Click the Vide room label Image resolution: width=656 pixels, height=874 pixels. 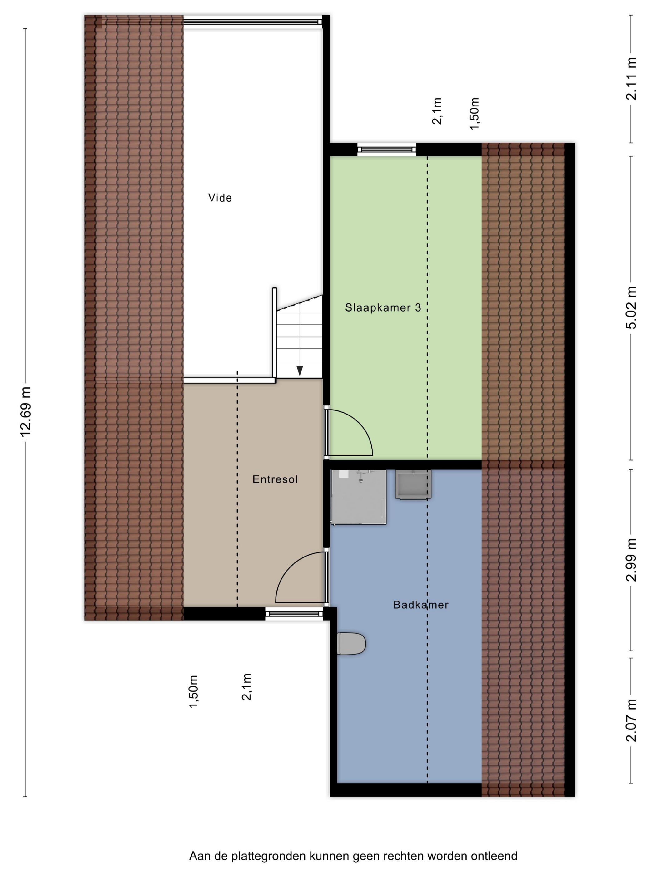pyautogui.click(x=220, y=198)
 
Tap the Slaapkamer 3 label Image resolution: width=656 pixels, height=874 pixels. pyautogui.click(x=383, y=307)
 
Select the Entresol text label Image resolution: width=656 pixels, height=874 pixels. pyautogui.click(x=275, y=479)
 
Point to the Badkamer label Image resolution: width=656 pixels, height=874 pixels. pyautogui.click(x=421, y=605)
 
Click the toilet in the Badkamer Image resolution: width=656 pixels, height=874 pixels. pyautogui.click(x=351, y=644)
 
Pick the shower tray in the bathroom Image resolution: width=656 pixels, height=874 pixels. pyautogui.click(x=358, y=497)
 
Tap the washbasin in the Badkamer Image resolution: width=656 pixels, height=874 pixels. pyautogui.click(x=413, y=484)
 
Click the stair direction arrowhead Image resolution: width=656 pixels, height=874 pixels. pyautogui.click(x=300, y=371)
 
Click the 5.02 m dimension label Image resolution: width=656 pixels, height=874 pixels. pyautogui.click(x=632, y=307)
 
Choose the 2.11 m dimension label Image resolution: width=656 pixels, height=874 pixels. pyautogui.click(x=632, y=79)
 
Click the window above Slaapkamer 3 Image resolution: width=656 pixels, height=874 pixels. pyautogui.click(x=387, y=149)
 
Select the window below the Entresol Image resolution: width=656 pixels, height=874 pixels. pyautogui.click(x=294, y=614)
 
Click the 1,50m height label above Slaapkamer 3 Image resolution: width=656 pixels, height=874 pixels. pyautogui.click(x=474, y=113)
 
